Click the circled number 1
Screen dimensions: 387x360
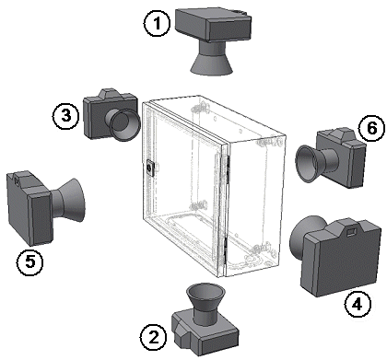(157, 24)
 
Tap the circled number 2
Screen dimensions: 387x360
(154, 338)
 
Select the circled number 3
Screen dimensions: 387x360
(66, 116)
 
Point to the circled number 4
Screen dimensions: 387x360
(358, 305)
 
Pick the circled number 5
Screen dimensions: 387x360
(30, 261)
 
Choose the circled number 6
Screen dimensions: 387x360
(371, 128)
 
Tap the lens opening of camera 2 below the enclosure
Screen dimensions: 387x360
(205, 292)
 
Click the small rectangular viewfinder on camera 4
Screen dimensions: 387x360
(351, 232)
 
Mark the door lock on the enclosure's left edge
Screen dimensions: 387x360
(150, 168)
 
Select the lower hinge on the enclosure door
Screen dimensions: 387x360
(226, 250)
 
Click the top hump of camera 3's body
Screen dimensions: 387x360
(109, 94)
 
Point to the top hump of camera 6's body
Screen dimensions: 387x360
(340, 134)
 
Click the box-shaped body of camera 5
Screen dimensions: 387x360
(29, 208)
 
